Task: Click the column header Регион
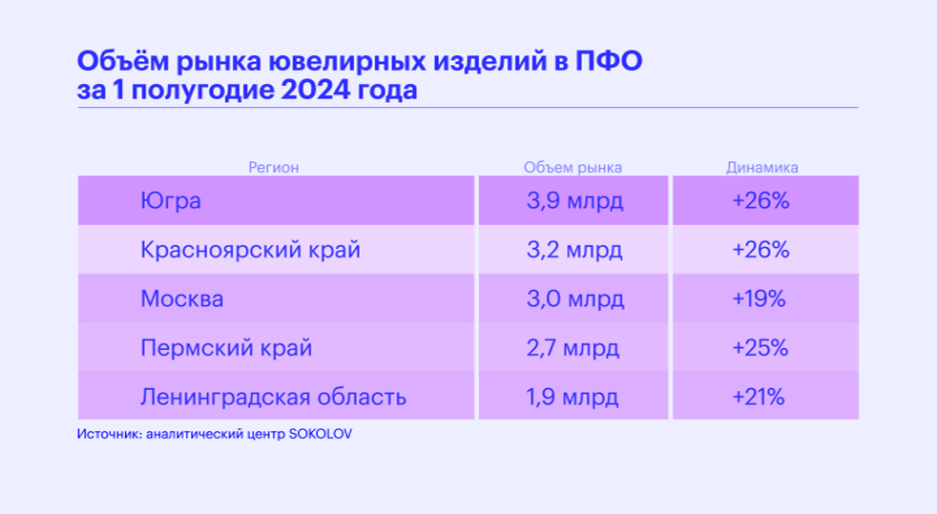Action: pos(273,168)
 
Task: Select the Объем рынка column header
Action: pos(572,168)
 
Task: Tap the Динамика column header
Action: pos(762,168)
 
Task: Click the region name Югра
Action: pos(171,201)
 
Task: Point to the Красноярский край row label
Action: pos(251,250)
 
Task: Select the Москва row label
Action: pos(182,299)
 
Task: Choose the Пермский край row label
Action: pos(226,348)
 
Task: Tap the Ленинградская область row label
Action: pos(273,396)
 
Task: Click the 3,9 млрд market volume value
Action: pos(574,201)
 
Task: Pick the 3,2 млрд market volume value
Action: pos(574,250)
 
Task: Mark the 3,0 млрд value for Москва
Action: pos(575,299)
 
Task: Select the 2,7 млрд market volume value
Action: pos(572,348)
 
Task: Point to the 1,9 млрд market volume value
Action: pos(572,396)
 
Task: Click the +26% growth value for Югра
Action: pos(761,201)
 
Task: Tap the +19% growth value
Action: pos(759,299)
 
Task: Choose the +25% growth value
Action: pos(760,347)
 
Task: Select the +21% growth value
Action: pos(758,396)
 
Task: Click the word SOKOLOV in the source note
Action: pos(321,434)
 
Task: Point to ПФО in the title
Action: pos(609,61)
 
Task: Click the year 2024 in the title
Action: pos(315,90)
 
